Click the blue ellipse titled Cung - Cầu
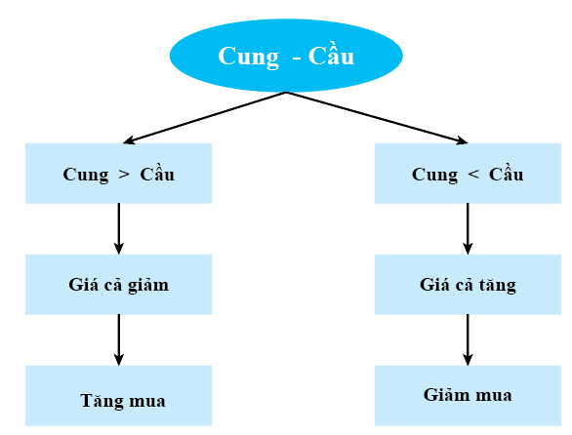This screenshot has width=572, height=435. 286,56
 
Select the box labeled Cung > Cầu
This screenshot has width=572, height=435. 118,174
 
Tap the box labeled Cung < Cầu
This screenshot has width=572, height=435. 468,174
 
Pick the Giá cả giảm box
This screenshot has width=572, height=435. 118,285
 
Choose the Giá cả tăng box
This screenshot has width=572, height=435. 468,285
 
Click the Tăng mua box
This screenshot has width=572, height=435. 118,396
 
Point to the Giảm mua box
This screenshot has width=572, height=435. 468,396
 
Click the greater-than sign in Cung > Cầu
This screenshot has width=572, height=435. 124,175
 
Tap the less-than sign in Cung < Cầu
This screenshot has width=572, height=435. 473,175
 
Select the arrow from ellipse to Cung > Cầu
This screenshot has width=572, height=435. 205,117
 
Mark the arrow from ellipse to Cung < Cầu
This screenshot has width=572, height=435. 377,117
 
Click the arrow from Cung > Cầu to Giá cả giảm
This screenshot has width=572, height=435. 118,228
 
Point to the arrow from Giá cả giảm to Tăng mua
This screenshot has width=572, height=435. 118,339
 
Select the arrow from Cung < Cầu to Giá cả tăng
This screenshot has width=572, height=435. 468,228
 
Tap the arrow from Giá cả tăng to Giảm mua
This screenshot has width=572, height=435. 468,339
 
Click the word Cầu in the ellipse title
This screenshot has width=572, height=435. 331,56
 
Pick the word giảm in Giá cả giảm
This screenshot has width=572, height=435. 148,285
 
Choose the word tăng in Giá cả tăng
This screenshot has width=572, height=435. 498,285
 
